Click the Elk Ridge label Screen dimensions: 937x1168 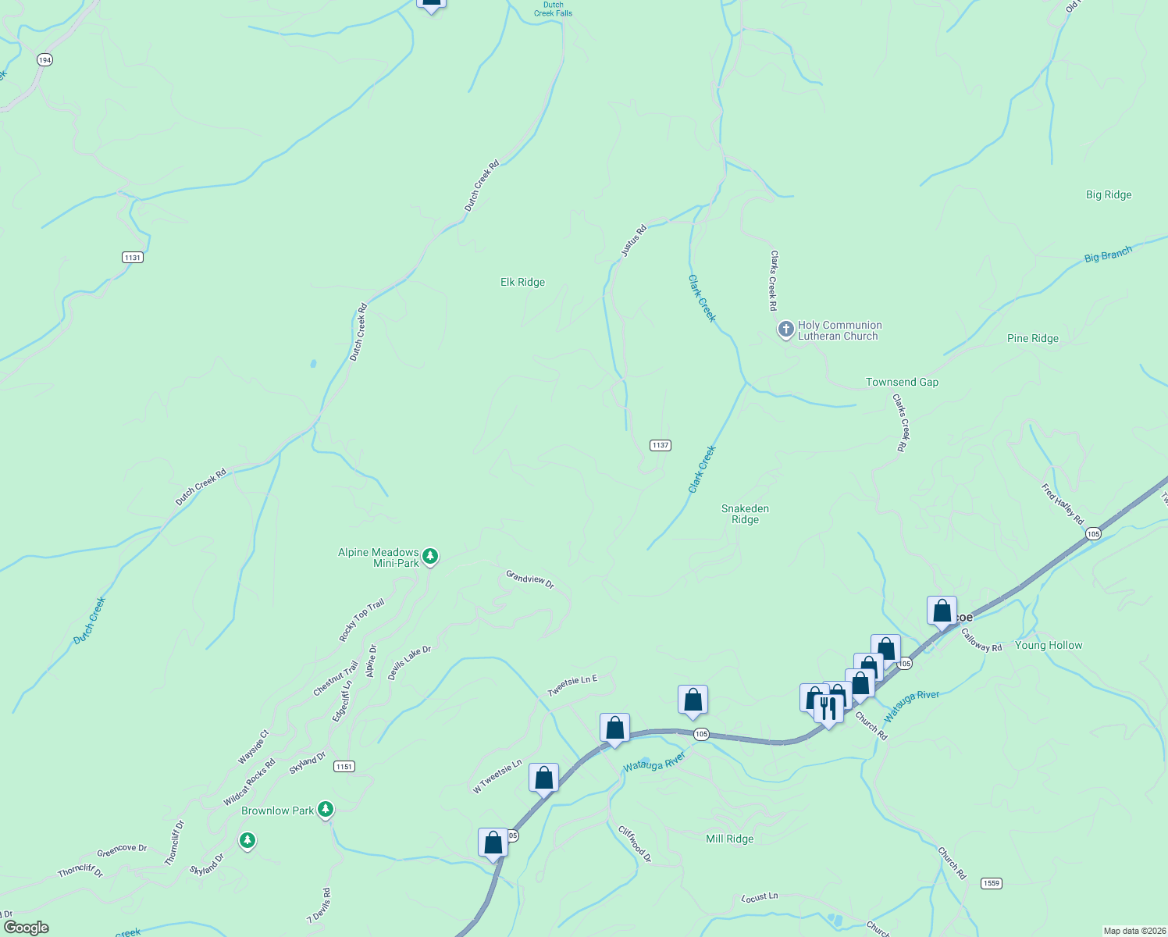522,282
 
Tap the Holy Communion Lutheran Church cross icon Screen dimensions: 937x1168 785,330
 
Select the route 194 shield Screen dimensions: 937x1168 45,60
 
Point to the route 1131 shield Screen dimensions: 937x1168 133,257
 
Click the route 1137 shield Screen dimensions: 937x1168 660,445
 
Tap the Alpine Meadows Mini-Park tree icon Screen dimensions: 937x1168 430,556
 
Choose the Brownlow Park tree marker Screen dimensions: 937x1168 326,809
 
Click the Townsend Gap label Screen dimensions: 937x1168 902,382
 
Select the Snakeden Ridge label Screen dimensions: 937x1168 745,514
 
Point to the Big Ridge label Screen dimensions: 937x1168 1108,194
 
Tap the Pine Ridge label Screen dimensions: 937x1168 1032,338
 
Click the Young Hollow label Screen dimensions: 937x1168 1048,645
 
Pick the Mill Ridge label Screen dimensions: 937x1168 729,839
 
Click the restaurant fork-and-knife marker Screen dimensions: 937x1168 828,707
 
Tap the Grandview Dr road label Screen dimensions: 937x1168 529,579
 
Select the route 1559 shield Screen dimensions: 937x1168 991,883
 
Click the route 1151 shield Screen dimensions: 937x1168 344,766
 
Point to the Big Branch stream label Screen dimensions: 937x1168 1108,255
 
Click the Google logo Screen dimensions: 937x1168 26,928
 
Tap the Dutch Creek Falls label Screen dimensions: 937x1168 553,9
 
